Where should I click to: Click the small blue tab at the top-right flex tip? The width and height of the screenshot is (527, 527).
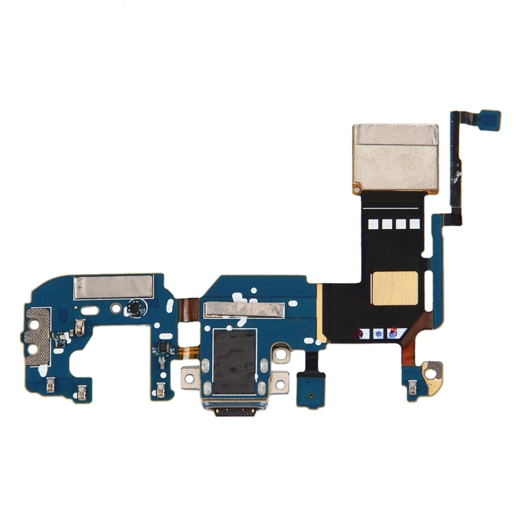pos(490,119)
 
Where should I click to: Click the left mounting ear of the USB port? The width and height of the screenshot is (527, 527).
pos(189,377)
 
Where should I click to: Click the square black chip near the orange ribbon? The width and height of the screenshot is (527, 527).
pos(161,351)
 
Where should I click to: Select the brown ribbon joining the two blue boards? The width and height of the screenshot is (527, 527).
pos(187,308)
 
